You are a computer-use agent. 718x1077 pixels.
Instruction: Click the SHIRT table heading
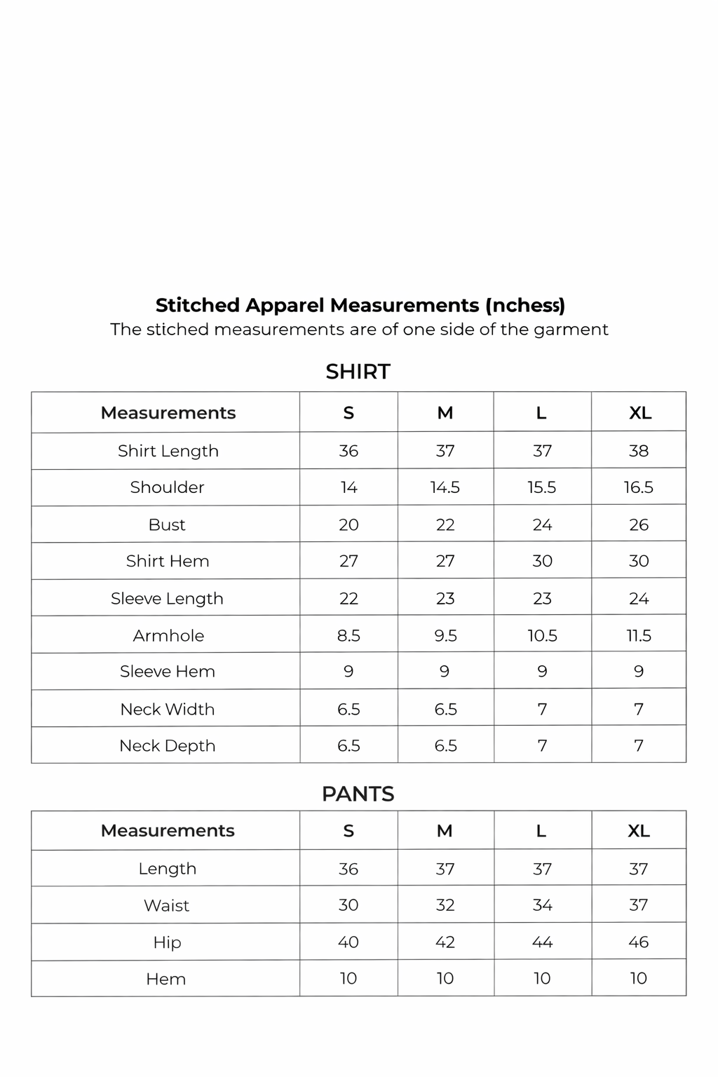pos(358,372)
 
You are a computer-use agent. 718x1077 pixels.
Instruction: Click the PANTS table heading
pos(358,794)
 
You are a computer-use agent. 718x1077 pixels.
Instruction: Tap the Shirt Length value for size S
pos(348,451)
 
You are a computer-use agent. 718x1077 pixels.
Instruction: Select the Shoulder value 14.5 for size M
pos(445,487)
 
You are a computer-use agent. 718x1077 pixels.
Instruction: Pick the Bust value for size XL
pos(639,524)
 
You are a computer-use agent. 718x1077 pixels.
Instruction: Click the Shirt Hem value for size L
pos(542,561)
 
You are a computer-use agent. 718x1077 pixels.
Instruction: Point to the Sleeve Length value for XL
pos(639,599)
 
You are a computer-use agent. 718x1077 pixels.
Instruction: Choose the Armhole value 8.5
pos(348,636)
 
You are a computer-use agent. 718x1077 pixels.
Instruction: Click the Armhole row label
pos(168,636)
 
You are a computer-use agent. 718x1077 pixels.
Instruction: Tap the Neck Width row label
pos(168,709)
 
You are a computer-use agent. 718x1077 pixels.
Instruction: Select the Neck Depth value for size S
pos(348,745)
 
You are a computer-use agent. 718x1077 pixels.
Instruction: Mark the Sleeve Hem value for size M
pos(445,672)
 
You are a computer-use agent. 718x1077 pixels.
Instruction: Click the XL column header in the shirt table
pos(640,413)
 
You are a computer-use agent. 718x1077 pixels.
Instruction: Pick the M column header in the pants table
pos(445,831)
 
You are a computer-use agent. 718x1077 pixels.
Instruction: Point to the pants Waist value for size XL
pos(638,905)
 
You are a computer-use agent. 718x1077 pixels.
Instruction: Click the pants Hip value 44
pos(542,942)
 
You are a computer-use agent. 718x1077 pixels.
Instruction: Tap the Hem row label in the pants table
pos(166,979)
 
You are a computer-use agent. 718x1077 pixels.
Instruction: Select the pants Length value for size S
pos(348,869)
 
